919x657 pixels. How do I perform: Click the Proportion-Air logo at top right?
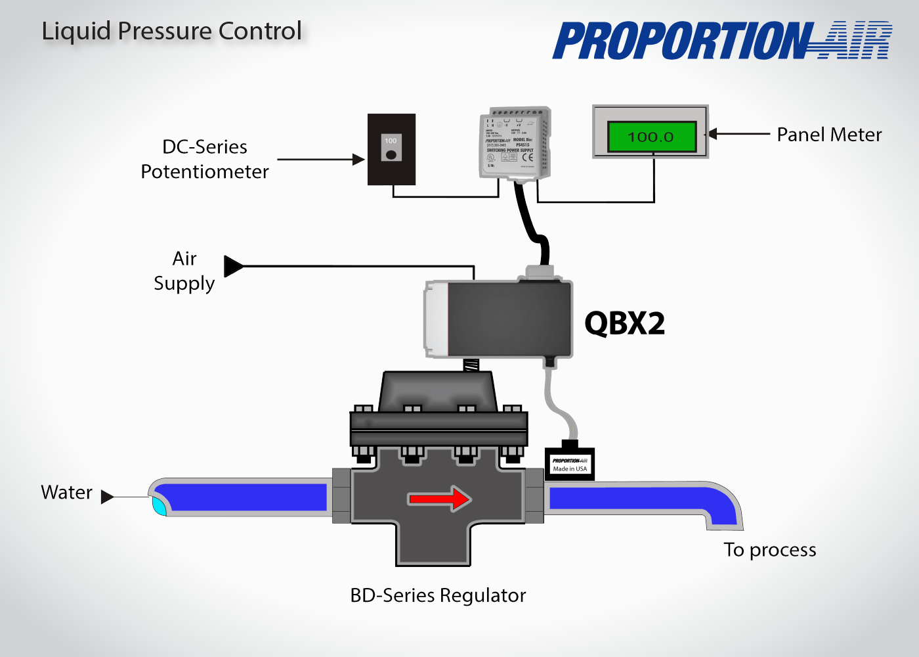[x=722, y=41]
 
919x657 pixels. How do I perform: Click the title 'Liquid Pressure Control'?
[x=171, y=31]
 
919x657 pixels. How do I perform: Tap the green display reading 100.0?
[x=651, y=137]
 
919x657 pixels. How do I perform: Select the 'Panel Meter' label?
[x=828, y=135]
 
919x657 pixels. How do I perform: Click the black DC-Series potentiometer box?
[x=391, y=150]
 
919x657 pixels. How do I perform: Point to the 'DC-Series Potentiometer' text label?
[x=205, y=159]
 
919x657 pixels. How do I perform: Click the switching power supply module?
[x=515, y=143]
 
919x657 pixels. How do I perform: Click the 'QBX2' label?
[x=624, y=323]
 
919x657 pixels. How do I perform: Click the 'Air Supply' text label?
[x=184, y=271]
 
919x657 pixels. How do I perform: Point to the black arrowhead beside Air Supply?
[x=233, y=266]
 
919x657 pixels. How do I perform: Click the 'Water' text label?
[x=66, y=493]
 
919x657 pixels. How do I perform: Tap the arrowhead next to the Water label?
[x=107, y=497]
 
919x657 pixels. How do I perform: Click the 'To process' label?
[x=769, y=550]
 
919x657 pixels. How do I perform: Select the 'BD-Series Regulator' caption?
[x=438, y=595]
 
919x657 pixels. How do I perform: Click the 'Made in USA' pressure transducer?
[x=570, y=464]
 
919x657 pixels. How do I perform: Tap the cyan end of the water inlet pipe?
[x=159, y=505]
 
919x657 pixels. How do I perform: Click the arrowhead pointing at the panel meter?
[x=713, y=134]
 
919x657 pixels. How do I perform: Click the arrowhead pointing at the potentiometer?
[x=358, y=159]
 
